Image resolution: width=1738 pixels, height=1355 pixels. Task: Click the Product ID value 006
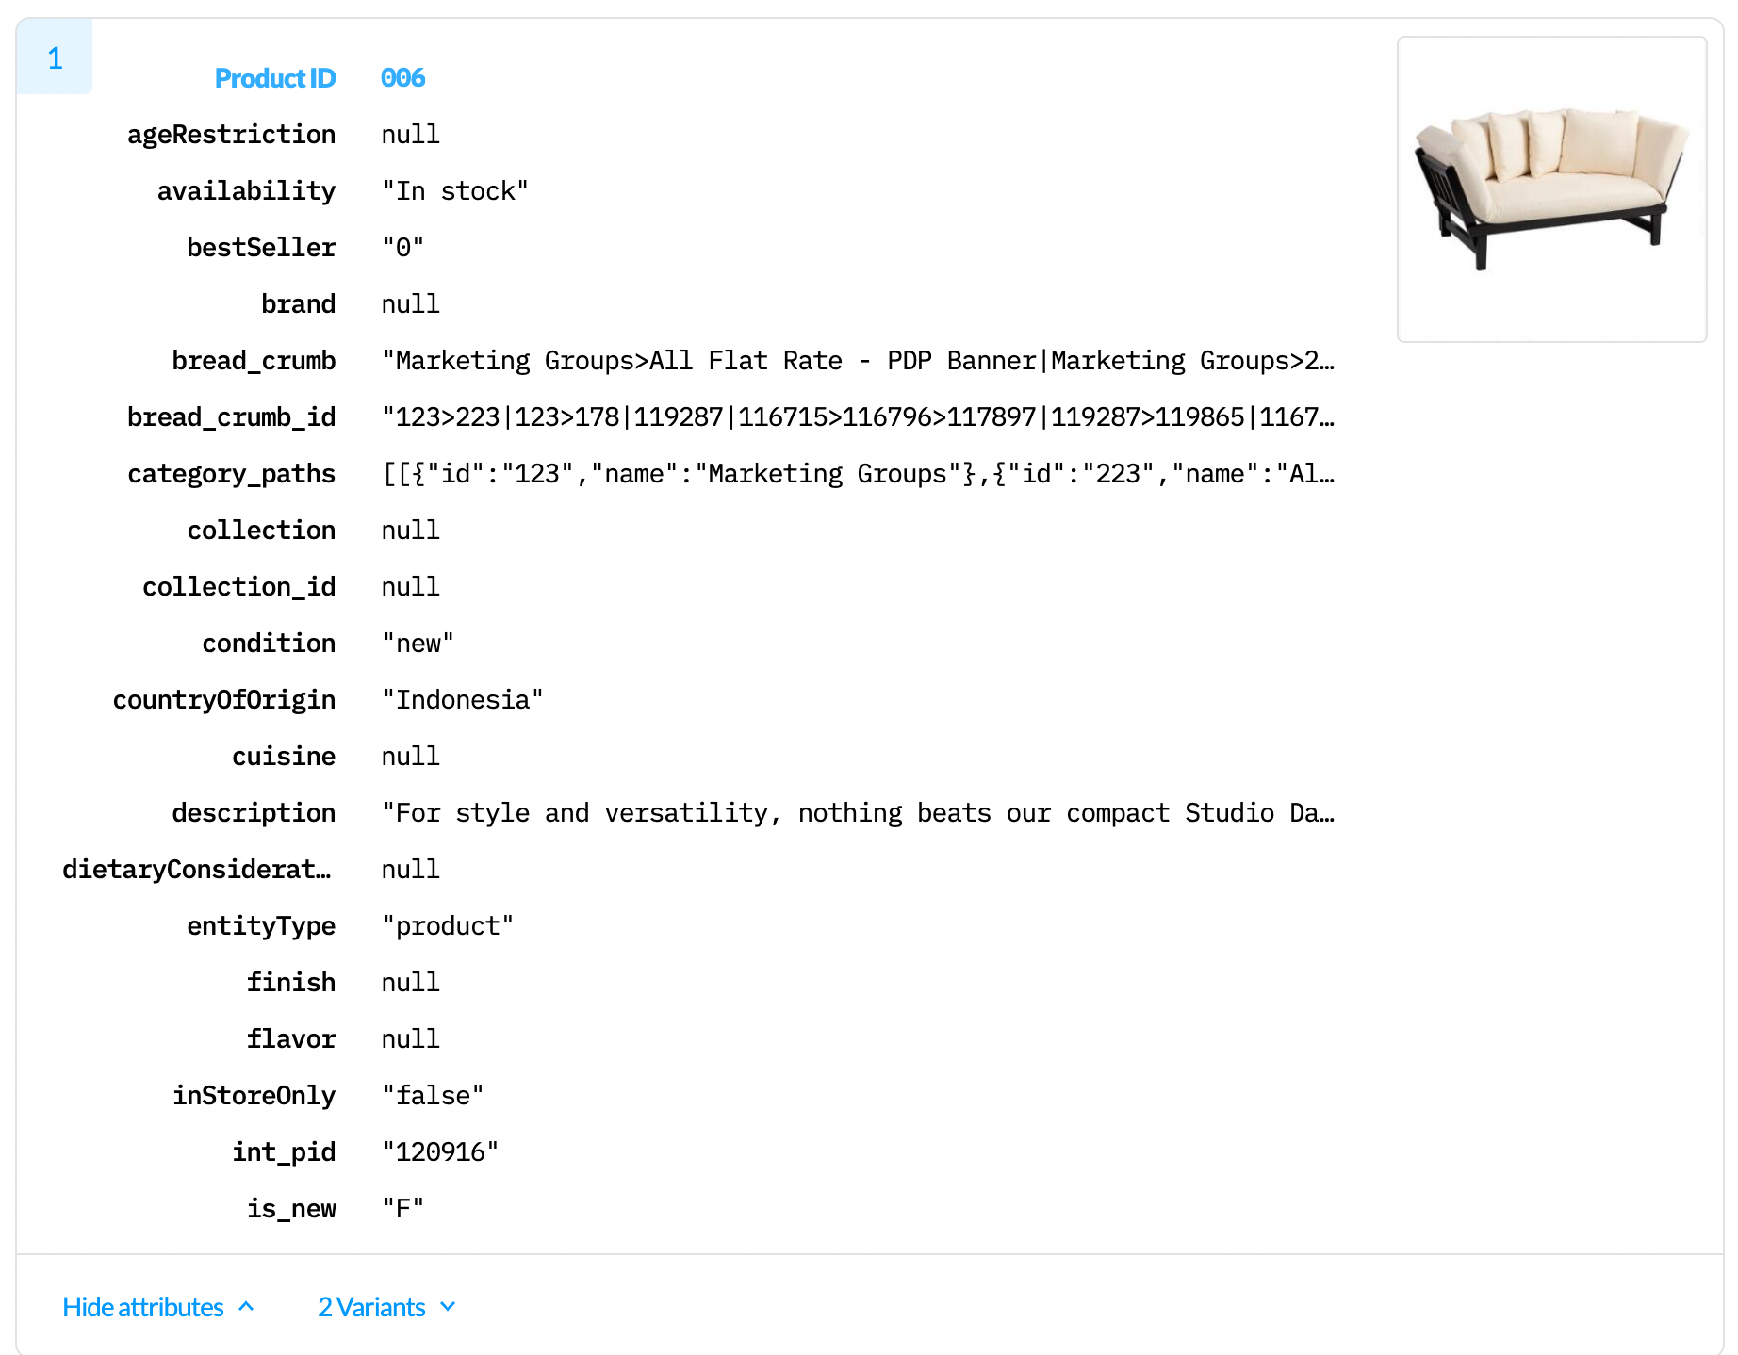coord(402,77)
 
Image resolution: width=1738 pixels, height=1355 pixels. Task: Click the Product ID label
coord(275,78)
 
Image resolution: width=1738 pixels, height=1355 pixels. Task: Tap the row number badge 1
coord(55,58)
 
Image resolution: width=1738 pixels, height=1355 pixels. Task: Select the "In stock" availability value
coord(455,191)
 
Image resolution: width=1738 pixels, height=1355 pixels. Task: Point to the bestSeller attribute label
coord(261,247)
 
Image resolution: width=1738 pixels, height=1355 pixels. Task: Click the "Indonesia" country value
coord(463,700)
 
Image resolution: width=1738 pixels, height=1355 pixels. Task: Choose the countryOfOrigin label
coord(224,700)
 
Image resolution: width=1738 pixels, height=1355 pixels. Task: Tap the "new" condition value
coord(418,644)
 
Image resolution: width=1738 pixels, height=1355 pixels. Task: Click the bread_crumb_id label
coord(232,417)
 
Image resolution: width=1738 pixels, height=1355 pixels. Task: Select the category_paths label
coord(232,474)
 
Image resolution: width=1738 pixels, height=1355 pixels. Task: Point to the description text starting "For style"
coord(859,813)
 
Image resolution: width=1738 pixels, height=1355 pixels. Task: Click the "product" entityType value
coord(448,926)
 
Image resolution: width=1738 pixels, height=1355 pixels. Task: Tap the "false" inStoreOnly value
coord(433,1096)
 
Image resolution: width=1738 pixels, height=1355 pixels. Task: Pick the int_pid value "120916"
coord(440,1152)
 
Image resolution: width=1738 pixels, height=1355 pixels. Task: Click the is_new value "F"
coord(403,1209)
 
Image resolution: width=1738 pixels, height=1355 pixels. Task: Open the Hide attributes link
coord(158,1307)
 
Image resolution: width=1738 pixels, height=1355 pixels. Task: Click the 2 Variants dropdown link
coord(386,1307)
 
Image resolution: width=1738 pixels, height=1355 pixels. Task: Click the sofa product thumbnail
coord(1551,189)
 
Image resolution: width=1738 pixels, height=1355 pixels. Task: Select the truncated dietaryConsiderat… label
coord(197,870)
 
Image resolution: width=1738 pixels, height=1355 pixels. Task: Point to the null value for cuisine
coord(411,757)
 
